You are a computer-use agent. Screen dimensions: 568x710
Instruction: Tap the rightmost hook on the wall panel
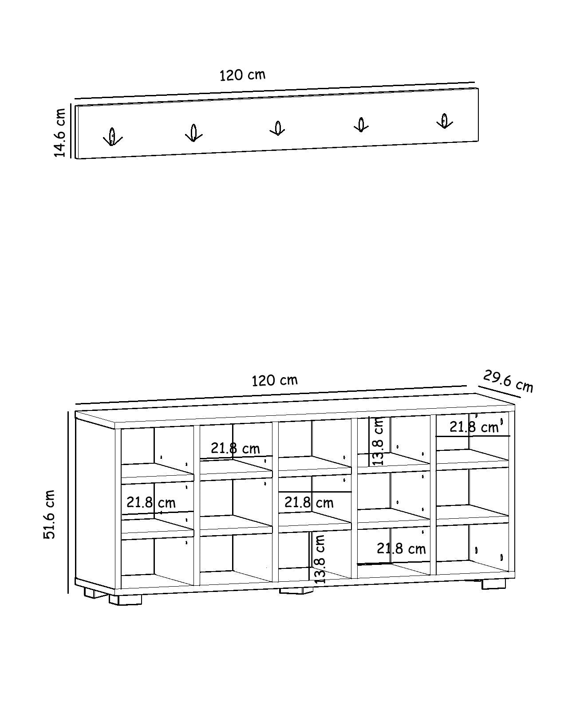click(x=445, y=121)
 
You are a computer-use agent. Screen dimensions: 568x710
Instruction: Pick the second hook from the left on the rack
click(x=194, y=133)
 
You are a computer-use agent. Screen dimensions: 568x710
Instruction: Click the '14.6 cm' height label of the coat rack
click(x=60, y=133)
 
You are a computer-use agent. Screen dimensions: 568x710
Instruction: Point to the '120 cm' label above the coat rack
click(x=243, y=75)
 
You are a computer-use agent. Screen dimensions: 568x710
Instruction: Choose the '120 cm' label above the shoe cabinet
click(x=275, y=380)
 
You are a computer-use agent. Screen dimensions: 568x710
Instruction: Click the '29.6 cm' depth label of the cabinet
click(x=508, y=381)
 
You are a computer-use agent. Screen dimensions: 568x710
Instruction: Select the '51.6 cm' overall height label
click(x=50, y=515)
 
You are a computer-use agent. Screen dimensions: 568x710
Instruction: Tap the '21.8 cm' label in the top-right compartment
click(x=474, y=428)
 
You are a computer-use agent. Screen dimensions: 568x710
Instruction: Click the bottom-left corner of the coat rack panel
click(x=76, y=159)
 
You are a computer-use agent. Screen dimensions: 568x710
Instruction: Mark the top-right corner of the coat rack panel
click(x=478, y=88)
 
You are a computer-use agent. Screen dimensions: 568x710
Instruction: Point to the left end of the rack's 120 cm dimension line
click(x=75, y=99)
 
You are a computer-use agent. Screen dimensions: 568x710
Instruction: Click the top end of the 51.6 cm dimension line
click(x=68, y=411)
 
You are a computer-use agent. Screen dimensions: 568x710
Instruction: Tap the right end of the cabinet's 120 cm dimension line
click(x=466, y=386)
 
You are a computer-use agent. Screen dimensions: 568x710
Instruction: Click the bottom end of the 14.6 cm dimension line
click(x=71, y=158)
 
